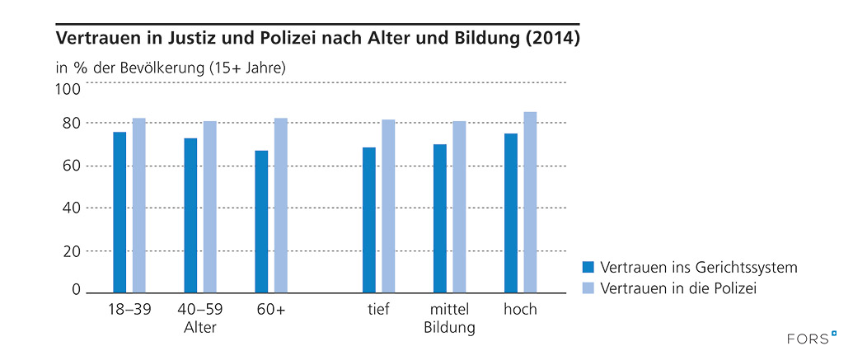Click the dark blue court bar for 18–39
(120, 212)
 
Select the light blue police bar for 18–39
(139, 205)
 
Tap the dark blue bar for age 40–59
(190, 215)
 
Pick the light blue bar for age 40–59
(210, 207)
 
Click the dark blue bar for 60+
(261, 221)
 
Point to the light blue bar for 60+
(281, 205)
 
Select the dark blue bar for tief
(368, 220)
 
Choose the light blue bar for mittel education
(459, 207)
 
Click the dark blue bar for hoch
(511, 213)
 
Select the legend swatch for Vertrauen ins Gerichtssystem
(588, 267)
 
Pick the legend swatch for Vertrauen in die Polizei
(588, 288)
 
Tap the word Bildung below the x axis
(449, 328)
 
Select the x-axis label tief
(378, 310)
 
